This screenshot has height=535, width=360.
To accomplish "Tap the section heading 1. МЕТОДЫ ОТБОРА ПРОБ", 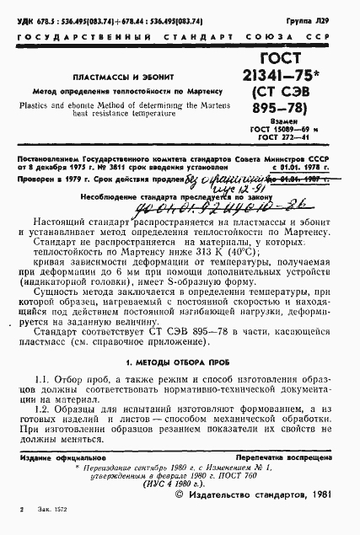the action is (179, 361).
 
